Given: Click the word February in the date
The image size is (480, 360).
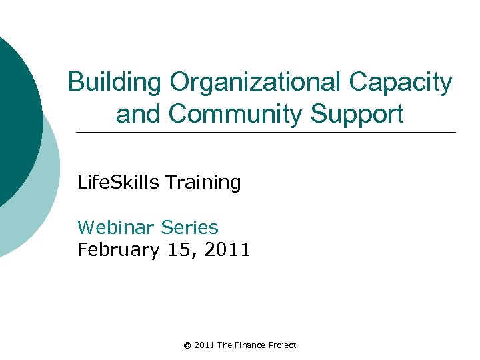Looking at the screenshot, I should (119, 251).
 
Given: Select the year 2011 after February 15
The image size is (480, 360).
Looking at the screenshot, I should (227, 250).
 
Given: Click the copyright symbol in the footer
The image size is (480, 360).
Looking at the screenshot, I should (187, 345).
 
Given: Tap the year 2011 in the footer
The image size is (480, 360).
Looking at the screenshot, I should (204, 345).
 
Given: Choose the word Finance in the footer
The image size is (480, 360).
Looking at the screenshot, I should (249, 345).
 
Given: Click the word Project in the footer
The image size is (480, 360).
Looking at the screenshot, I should (282, 345).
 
